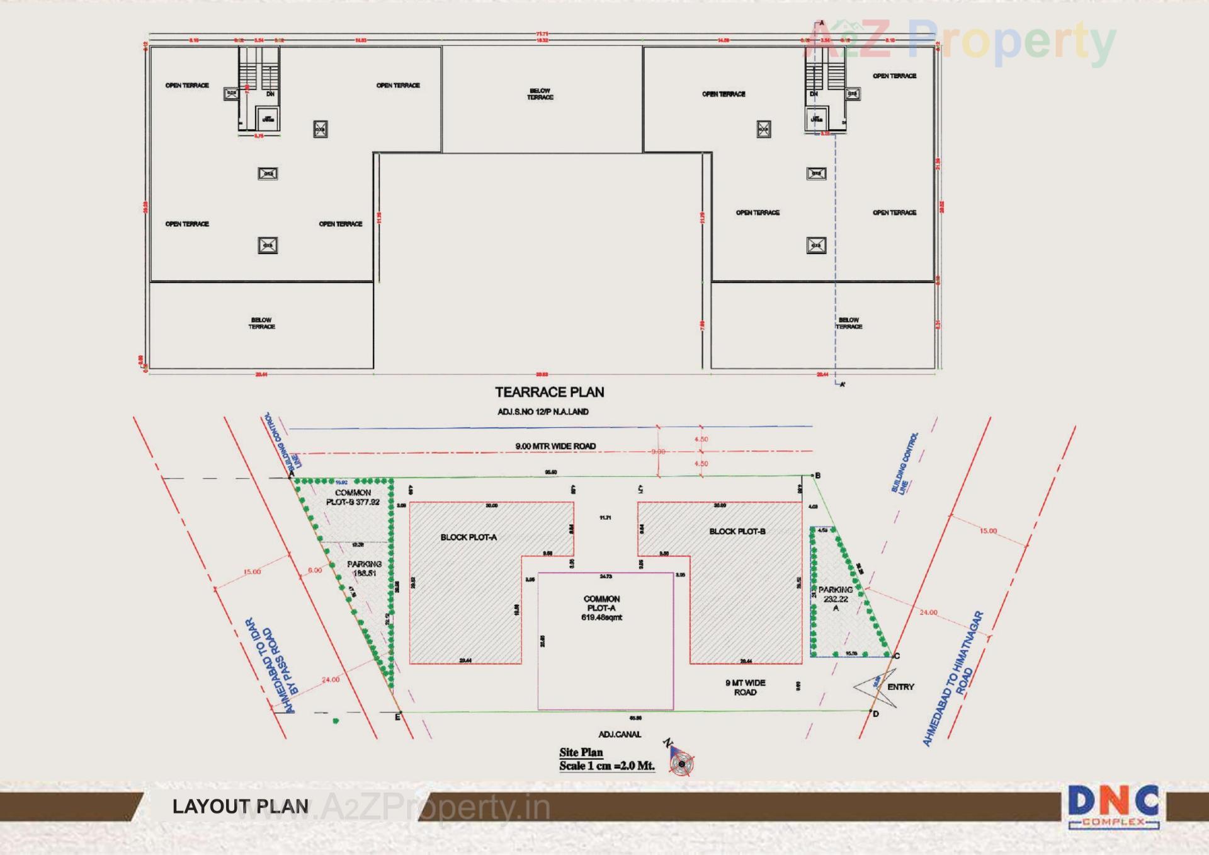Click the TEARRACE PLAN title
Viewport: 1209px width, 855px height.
pos(549,392)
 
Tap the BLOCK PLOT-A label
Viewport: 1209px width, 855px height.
pos(468,537)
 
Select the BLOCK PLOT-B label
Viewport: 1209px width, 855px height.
pos(737,532)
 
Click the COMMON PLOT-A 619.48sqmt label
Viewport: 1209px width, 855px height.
pos(601,608)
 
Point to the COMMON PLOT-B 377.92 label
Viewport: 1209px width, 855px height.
pos(353,497)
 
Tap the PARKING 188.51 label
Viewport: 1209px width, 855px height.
pos(364,568)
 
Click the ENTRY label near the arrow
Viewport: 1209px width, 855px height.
pos(900,687)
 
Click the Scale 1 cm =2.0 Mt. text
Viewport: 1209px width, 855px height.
pos(606,766)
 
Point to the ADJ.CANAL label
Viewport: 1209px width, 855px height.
pos(620,734)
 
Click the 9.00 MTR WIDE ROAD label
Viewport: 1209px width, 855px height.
pos(555,446)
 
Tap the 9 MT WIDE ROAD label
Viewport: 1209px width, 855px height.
pos(745,687)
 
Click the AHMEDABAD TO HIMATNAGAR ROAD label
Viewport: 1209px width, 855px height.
pos(952,679)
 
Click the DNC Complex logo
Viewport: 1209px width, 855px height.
pos(1113,806)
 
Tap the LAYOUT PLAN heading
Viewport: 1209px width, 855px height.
pos(241,806)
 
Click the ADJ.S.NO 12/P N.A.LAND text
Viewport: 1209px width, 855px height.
pos(543,411)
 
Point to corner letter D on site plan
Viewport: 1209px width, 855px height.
pos(875,714)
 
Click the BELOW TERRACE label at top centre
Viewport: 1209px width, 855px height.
pos(540,94)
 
